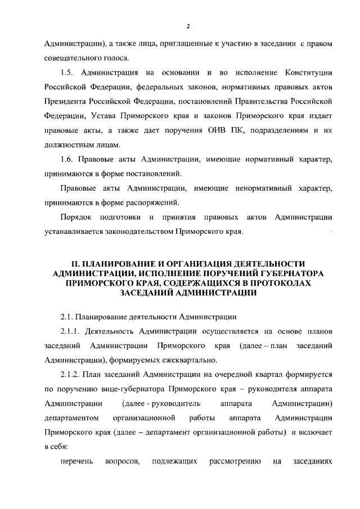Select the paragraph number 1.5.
(67, 72)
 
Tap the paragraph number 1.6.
(67, 160)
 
